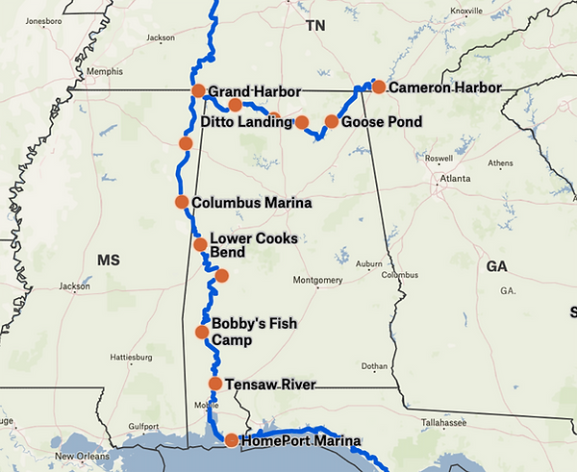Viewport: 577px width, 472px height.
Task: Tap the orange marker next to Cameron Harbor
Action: [x=379, y=87]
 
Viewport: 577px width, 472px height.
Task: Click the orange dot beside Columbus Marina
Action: [x=181, y=202]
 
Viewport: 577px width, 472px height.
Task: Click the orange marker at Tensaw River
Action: [x=215, y=385]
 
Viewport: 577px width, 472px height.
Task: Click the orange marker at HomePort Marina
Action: [x=232, y=441]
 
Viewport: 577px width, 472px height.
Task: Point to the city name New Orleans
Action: [x=81, y=456]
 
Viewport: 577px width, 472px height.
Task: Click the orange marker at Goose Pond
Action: [x=332, y=122]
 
